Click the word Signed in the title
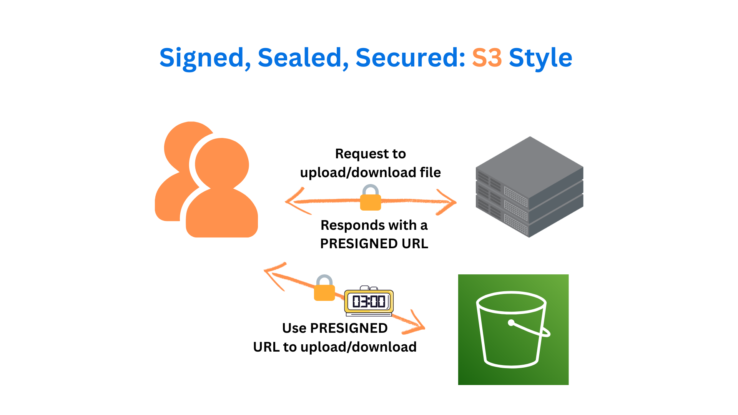click(x=201, y=58)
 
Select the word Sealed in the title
click(x=300, y=58)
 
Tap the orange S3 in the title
click(x=487, y=58)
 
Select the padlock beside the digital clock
click(x=324, y=289)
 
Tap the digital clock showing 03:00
click(x=369, y=301)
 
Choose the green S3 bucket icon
click(x=513, y=330)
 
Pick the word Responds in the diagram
click(x=352, y=226)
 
